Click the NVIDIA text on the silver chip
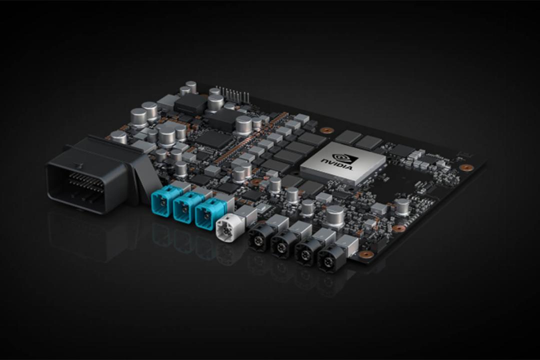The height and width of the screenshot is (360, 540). point(337,164)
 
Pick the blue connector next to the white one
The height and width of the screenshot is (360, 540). point(207,212)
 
